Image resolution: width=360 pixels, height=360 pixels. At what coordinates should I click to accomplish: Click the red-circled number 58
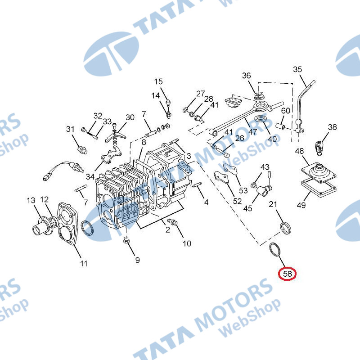click(288, 274)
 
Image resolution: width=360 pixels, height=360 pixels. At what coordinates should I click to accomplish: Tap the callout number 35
click(297, 69)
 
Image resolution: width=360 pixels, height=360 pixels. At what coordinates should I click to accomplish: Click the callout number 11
click(84, 263)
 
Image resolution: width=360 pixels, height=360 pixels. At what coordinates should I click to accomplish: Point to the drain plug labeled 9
click(126, 241)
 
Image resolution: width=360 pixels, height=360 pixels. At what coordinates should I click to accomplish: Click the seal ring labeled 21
click(286, 228)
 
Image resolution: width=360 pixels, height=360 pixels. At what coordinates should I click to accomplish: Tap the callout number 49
click(301, 205)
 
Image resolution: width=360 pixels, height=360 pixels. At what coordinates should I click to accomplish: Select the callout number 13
click(31, 200)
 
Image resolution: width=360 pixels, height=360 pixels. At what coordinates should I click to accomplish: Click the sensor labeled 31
click(82, 150)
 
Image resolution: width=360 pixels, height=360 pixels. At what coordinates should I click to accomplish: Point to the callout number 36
click(247, 76)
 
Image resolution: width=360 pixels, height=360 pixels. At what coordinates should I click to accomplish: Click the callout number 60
click(286, 111)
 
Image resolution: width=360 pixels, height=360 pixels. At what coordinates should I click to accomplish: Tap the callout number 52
click(238, 201)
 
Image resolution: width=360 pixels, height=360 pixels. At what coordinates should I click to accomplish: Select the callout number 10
click(187, 243)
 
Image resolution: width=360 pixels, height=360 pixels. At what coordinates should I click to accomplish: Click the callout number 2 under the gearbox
click(168, 229)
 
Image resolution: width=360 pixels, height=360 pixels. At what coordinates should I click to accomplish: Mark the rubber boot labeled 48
click(319, 172)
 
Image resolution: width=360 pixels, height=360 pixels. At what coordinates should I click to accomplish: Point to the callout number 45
click(248, 208)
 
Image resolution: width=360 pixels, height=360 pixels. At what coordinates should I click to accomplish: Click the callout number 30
click(130, 117)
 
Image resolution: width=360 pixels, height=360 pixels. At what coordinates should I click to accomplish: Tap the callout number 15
click(158, 81)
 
